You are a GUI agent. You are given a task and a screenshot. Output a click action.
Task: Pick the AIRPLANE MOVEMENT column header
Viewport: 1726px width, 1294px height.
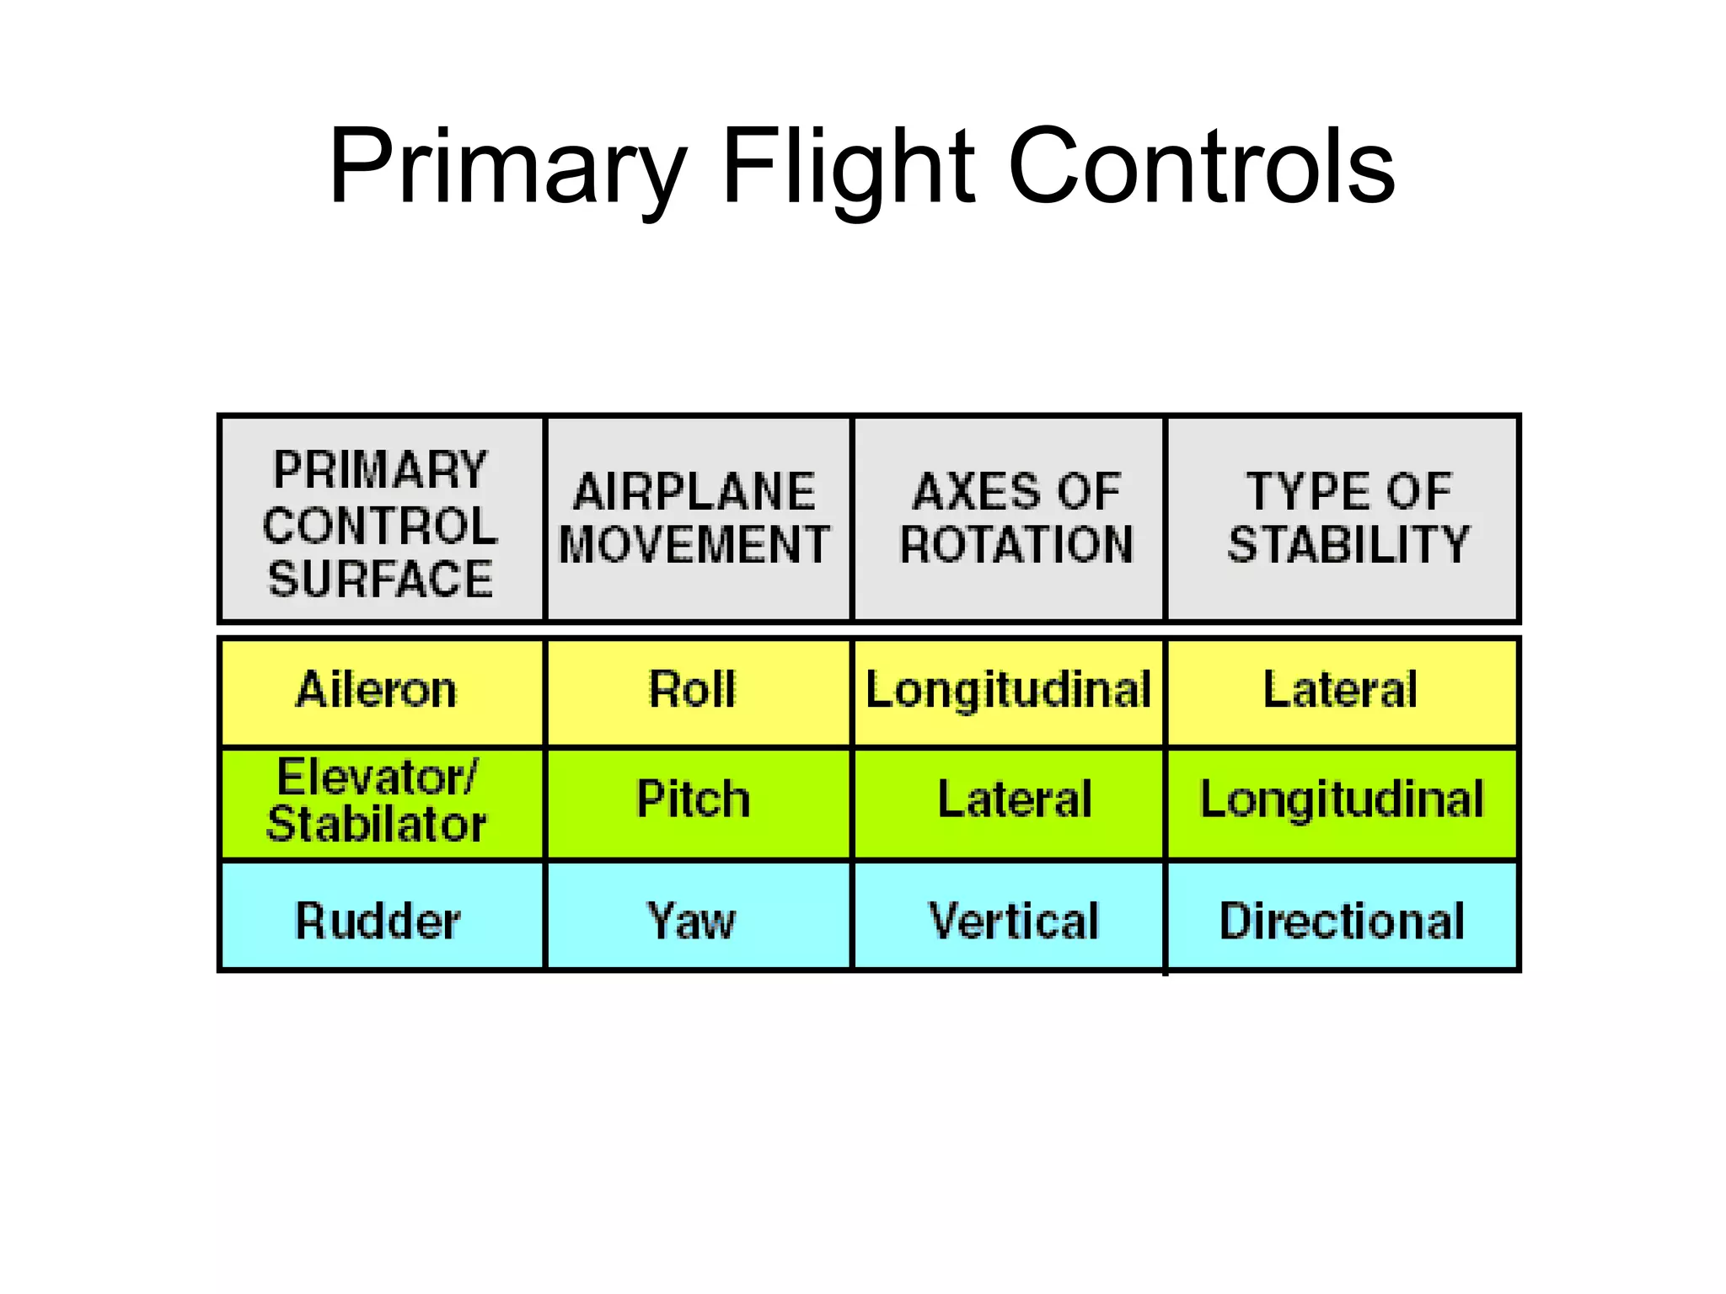[695, 517]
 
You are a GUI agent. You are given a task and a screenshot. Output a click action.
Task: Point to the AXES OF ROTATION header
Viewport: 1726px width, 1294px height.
[1016, 517]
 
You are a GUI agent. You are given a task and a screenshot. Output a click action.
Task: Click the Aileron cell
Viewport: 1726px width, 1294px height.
[377, 690]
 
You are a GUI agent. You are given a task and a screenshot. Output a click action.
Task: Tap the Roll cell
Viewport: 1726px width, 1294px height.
[693, 690]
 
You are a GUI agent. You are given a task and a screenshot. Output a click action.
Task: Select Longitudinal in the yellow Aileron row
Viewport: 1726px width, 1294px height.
[1009, 690]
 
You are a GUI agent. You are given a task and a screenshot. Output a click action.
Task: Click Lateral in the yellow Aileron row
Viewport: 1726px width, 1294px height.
[1340, 690]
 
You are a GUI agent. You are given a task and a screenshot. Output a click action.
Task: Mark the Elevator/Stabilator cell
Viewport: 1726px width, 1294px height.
[377, 800]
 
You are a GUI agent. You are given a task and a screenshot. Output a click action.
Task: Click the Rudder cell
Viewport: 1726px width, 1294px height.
[378, 920]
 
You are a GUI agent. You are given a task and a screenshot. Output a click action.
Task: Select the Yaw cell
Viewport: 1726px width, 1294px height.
[691, 920]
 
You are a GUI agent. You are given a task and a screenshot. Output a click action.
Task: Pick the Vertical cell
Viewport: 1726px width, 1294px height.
[1014, 920]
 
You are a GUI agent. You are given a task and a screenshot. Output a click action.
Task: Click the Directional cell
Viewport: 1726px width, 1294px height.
[1342, 920]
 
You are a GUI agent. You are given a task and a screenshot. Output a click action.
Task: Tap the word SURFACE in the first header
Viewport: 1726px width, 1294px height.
[381, 579]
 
